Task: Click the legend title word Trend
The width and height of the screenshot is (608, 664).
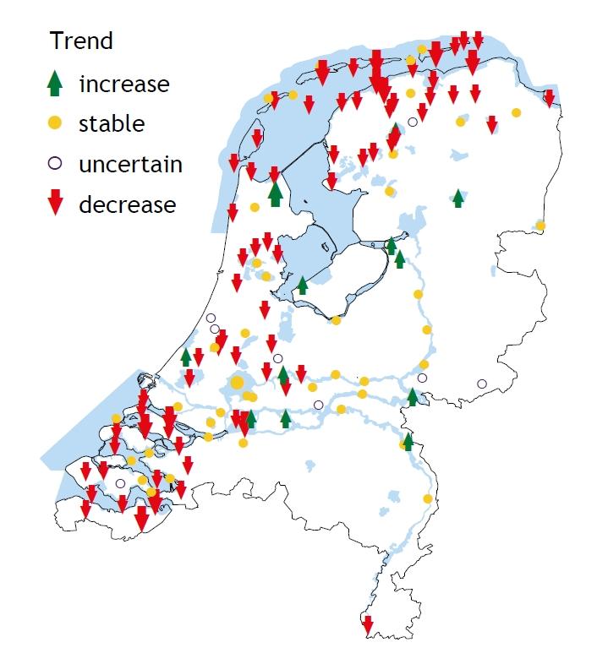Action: (x=81, y=41)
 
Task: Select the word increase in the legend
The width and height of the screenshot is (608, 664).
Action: (x=123, y=84)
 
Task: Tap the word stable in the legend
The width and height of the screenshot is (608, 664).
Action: (x=112, y=123)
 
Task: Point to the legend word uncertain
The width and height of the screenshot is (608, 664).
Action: (x=130, y=164)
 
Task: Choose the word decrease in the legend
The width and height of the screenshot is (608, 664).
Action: (x=127, y=204)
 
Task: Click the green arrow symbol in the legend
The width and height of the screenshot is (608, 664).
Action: (x=55, y=82)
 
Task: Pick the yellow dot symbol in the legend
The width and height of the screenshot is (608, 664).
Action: (x=55, y=123)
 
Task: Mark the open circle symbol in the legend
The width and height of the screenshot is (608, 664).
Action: (x=55, y=163)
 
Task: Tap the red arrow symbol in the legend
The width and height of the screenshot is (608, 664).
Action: (x=55, y=204)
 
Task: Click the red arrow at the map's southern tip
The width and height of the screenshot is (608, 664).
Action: (x=367, y=626)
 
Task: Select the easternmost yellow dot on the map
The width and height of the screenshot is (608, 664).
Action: (x=540, y=226)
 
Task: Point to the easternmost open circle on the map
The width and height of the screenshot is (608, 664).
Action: (x=482, y=384)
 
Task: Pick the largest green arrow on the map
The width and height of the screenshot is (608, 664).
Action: (x=275, y=193)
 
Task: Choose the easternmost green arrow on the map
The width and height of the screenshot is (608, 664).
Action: (x=457, y=198)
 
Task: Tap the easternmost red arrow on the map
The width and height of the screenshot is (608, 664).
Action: (x=549, y=98)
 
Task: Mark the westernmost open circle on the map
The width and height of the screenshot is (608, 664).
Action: (x=120, y=484)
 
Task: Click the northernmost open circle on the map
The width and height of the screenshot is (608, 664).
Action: (x=413, y=122)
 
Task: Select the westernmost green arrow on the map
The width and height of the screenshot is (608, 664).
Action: (x=186, y=357)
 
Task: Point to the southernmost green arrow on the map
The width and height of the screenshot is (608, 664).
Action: (x=408, y=441)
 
